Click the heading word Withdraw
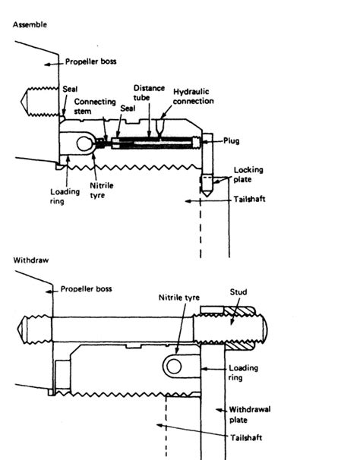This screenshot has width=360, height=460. pyautogui.click(x=30, y=260)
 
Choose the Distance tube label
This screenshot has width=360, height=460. pyautogui.click(x=149, y=92)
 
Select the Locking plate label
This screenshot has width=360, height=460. pyautogui.click(x=248, y=175)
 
